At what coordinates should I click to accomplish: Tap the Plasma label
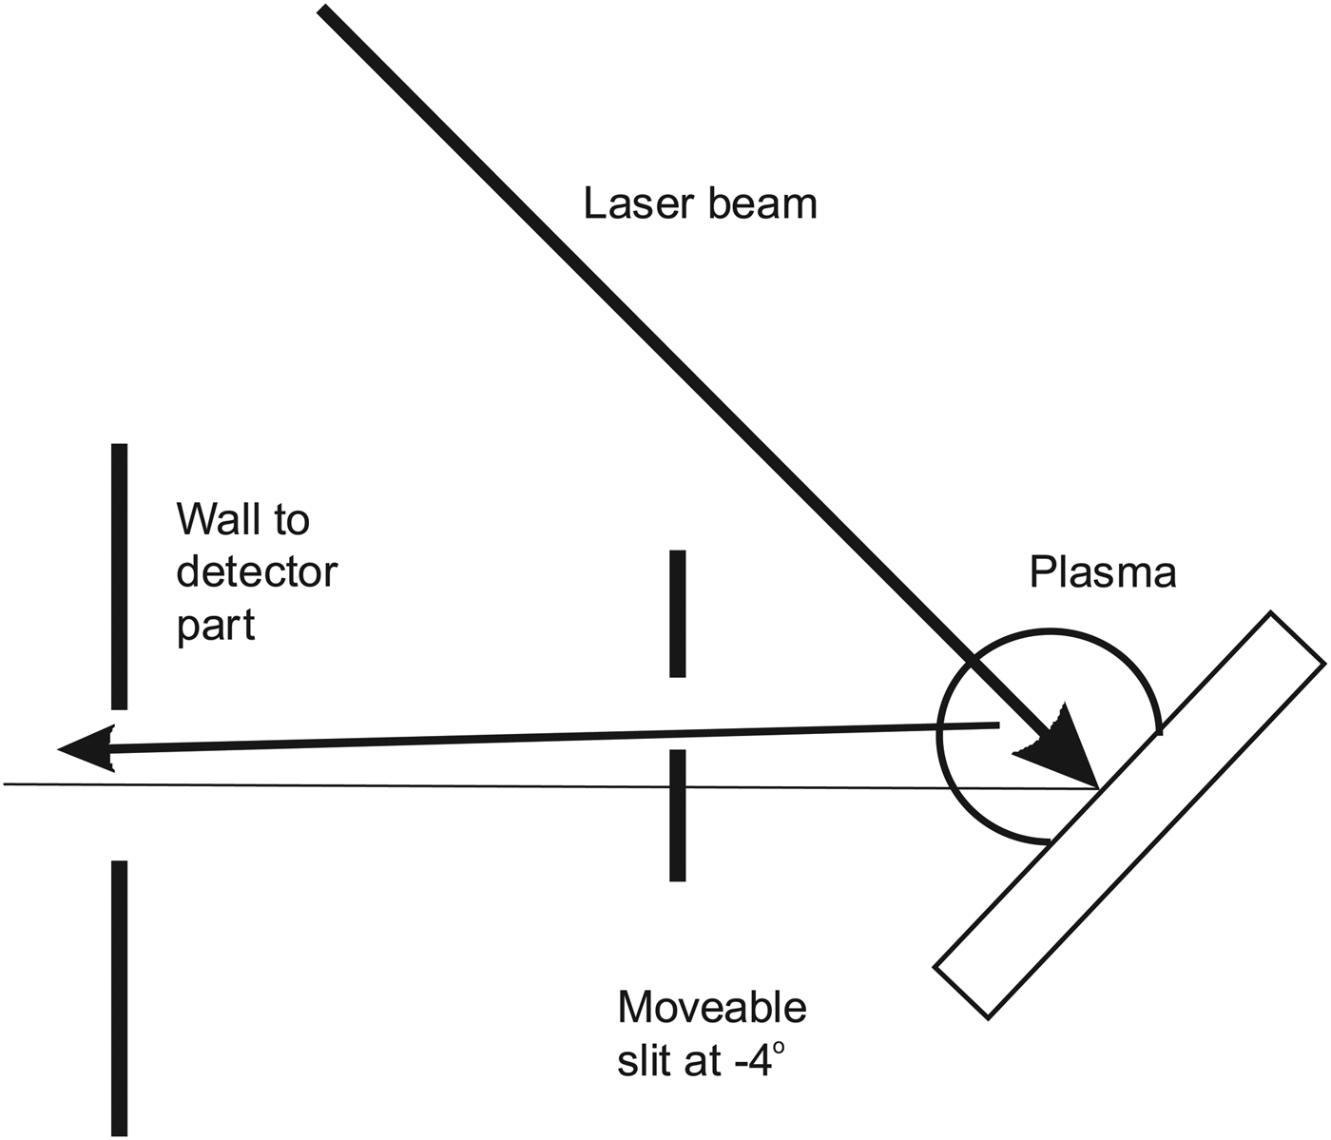tap(1103, 572)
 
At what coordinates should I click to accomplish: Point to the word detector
tap(257, 572)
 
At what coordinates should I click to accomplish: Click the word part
tap(216, 626)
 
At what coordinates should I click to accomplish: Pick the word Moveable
tap(712, 1007)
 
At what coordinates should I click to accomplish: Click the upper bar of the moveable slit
tap(677, 613)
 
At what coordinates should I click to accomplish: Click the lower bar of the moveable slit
tap(677, 815)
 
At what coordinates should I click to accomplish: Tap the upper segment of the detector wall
tap(119, 575)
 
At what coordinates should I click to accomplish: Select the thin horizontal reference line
tap(380, 784)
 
